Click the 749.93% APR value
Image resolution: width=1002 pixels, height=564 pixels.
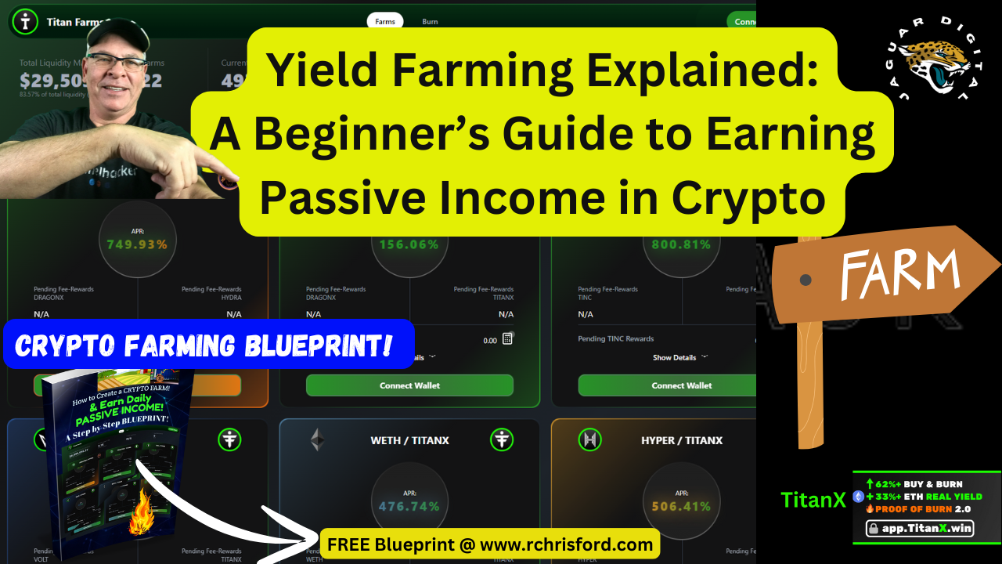[x=137, y=244]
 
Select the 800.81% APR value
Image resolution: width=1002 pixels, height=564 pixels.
[x=681, y=244]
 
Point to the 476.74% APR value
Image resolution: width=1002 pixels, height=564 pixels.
[x=409, y=506]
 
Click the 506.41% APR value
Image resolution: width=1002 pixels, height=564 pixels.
[x=681, y=506]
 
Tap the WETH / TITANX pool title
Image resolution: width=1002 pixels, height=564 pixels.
[x=409, y=440]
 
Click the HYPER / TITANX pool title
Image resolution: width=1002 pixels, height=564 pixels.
[x=682, y=440]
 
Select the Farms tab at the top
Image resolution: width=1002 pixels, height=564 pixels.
[x=385, y=21]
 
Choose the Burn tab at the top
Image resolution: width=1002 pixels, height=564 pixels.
[x=430, y=21]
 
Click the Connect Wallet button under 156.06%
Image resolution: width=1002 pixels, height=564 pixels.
[x=409, y=385]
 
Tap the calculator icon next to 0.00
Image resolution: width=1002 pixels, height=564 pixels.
[x=507, y=339]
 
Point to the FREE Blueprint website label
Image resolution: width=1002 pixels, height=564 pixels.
[x=489, y=544]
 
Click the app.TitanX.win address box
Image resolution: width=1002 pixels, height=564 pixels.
[x=921, y=529]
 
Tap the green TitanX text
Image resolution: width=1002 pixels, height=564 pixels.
[x=813, y=500]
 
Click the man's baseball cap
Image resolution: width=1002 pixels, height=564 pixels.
[x=117, y=31]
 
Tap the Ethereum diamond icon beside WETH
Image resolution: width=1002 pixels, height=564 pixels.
[x=317, y=439]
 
